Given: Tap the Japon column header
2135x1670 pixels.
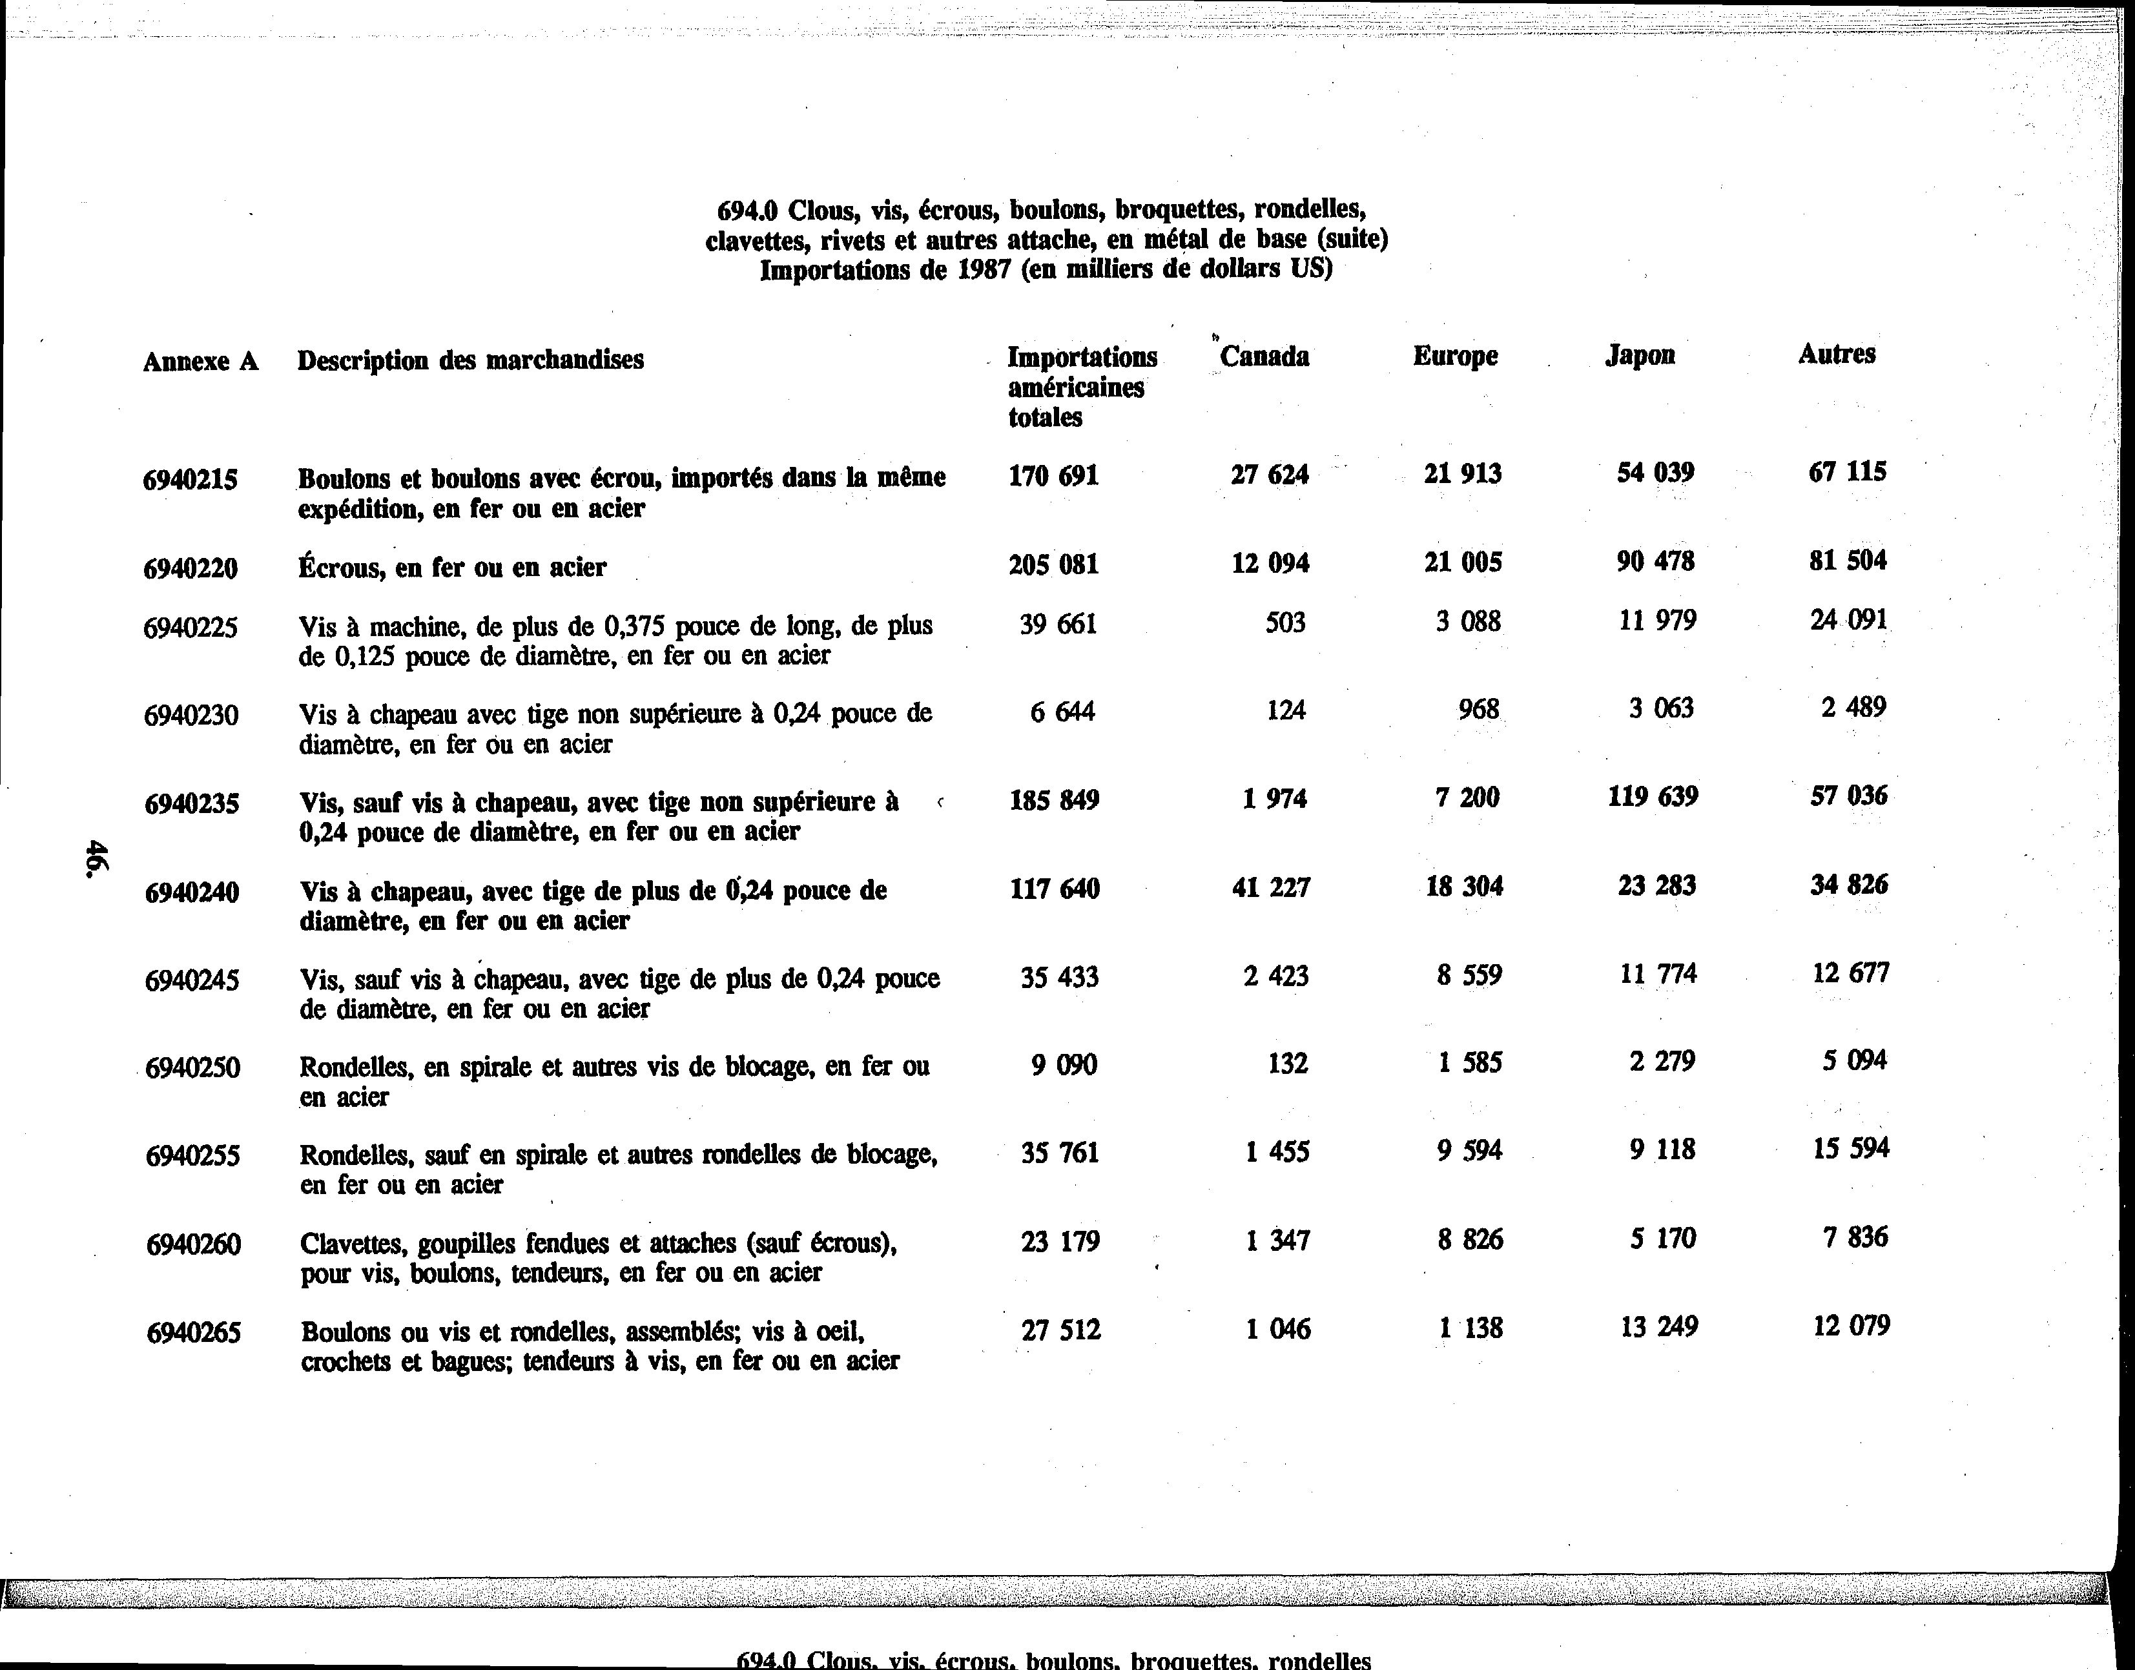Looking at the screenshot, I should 1640,355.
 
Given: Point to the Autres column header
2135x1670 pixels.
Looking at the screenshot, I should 1836,354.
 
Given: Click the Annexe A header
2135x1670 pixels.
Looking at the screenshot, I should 200,362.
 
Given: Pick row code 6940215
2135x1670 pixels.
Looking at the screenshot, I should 190,480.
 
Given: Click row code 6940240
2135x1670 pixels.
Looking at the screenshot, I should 192,892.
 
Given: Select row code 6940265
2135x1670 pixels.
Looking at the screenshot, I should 194,1333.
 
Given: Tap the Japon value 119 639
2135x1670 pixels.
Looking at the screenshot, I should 1652,797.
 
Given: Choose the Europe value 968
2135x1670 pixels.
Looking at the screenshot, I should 1478,709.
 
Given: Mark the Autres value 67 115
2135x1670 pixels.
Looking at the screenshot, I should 1846,472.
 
